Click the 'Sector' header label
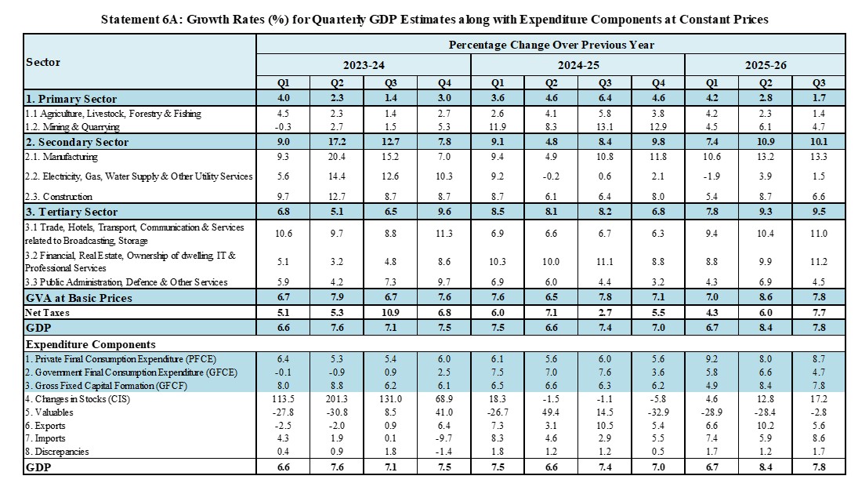43,62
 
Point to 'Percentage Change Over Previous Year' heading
551,45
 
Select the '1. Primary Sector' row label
71,99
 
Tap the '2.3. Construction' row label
60,197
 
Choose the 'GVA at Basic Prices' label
79,298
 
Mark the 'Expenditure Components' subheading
90,344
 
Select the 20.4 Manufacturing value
338,156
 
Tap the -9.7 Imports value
444,438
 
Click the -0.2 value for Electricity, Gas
550,176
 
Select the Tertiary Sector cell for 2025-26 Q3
817,212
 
